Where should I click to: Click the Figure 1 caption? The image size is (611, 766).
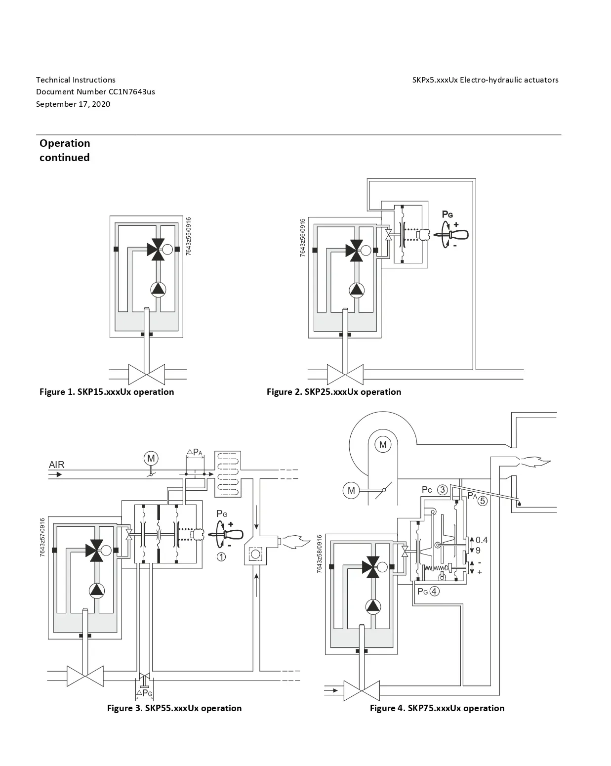click(107, 392)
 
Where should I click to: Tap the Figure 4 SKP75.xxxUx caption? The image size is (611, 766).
click(437, 708)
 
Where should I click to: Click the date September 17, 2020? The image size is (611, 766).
click(73, 104)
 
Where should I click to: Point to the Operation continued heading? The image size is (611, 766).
click(65, 150)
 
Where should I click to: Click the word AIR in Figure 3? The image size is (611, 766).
click(57, 465)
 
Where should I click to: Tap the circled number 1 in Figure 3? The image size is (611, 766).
click(221, 556)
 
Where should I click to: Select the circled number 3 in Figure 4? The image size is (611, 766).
click(443, 489)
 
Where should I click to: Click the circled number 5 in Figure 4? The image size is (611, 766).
click(482, 501)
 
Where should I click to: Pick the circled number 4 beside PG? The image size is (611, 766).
click(435, 591)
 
